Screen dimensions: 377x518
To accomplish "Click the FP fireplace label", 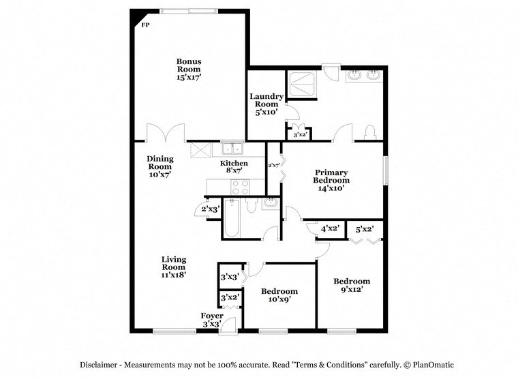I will point(144,25).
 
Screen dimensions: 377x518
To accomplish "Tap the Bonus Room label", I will point(189,69).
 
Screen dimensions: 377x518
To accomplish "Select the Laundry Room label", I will point(266,104).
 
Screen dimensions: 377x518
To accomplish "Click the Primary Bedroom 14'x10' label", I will point(331,181).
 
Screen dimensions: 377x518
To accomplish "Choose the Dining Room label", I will point(160,166).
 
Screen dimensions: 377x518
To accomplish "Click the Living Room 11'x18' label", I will point(174,267).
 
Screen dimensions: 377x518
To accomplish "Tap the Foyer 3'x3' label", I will point(212,320).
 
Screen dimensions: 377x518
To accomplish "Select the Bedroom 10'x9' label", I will point(279,295).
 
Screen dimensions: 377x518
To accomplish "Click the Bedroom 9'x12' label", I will point(352,285).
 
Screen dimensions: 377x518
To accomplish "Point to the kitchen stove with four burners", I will point(240,187).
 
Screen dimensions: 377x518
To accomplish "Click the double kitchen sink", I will point(232,149).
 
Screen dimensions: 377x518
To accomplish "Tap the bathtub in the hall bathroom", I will point(232,217).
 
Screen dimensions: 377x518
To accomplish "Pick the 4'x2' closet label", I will point(331,229).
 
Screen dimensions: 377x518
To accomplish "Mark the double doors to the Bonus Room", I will point(166,132).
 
